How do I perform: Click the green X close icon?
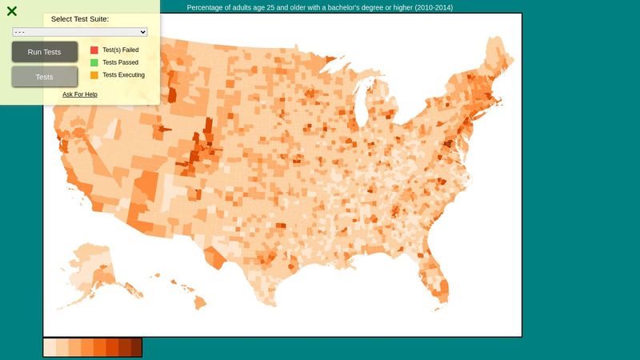pyautogui.click(x=12, y=11)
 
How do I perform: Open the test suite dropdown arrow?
pyautogui.click(x=143, y=32)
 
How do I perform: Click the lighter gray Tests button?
pyautogui.click(x=45, y=77)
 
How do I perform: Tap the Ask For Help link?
pyautogui.click(x=80, y=94)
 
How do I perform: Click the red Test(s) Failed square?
pyautogui.click(x=94, y=50)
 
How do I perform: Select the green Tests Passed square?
pyautogui.click(x=94, y=62)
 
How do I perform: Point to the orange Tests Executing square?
pyautogui.click(x=94, y=75)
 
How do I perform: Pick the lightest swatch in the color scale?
pyautogui.click(x=50, y=347)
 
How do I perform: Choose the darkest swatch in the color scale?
pyautogui.click(x=136, y=347)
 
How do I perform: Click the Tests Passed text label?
pyautogui.click(x=120, y=62)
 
